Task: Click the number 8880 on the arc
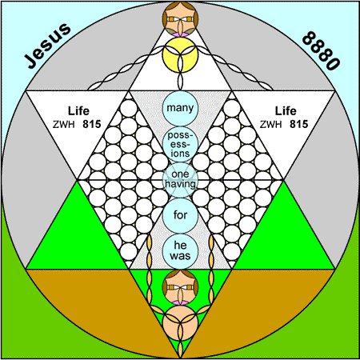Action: tap(322, 50)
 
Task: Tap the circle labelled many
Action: tap(180, 109)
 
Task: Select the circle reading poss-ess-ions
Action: tap(180, 144)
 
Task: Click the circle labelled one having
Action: tap(180, 180)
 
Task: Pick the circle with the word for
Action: tap(180, 215)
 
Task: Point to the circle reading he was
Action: tap(180, 251)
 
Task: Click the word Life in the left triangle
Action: tap(78, 111)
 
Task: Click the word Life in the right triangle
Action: tap(286, 111)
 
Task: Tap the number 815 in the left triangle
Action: tap(92, 124)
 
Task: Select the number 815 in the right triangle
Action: tap(298, 124)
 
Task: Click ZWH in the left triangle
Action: tap(63, 125)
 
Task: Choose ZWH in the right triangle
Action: tap(270, 125)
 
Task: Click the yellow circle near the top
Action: tap(180, 55)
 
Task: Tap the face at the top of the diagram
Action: tap(180, 19)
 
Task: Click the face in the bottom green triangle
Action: tap(180, 287)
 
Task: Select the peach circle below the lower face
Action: tap(180, 322)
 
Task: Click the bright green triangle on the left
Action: tap(78, 234)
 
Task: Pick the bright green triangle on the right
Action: tap(283, 234)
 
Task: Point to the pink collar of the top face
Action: tap(180, 34)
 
